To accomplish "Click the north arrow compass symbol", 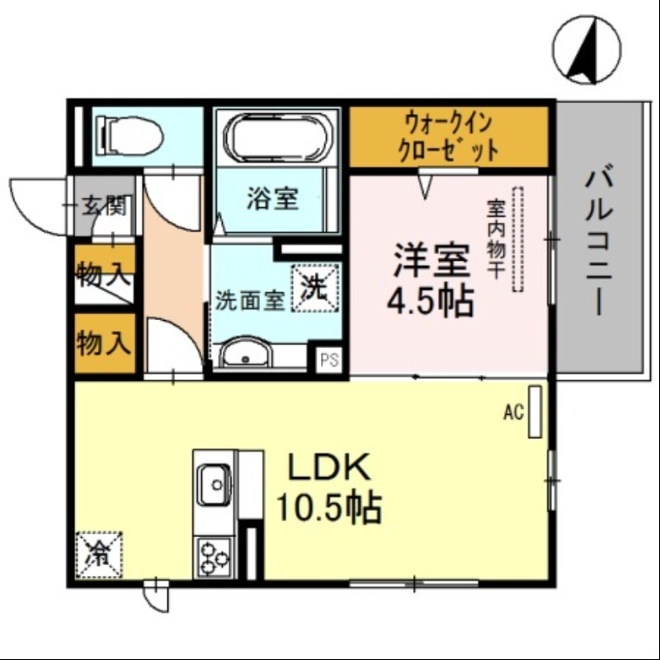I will (587, 50).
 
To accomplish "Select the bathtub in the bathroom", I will (277, 137).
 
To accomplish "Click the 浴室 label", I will (271, 199).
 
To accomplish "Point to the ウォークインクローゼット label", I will (449, 137).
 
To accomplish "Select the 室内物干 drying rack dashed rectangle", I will (517, 240).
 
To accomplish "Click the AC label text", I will (514, 413).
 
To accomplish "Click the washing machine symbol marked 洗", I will (314, 286).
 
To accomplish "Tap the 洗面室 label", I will (250, 301).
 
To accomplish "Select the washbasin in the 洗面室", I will (248, 355).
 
